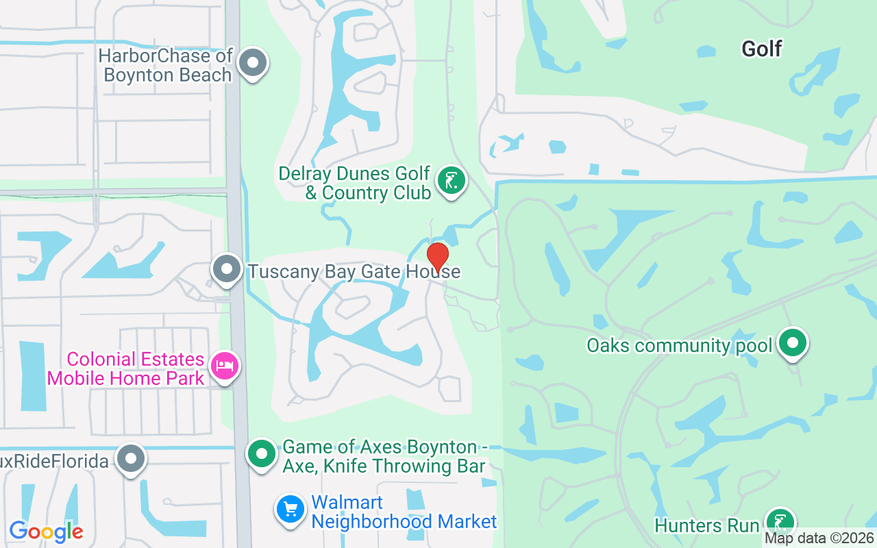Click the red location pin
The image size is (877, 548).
[x=438, y=256]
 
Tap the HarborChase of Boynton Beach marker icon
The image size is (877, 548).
[x=253, y=64]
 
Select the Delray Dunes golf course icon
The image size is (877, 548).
[x=451, y=182]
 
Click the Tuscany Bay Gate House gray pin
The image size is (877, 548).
[x=227, y=270]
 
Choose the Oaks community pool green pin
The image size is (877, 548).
[x=793, y=344]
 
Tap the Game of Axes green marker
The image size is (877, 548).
[x=261, y=454]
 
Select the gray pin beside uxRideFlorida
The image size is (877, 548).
[x=130, y=460]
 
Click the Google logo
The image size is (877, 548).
[x=46, y=532]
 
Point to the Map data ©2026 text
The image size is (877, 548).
[x=819, y=538]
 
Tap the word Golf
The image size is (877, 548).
[x=762, y=49]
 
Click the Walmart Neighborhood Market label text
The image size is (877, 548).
[x=404, y=512]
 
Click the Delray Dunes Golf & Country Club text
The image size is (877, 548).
[x=354, y=183]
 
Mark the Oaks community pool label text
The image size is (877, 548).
[x=679, y=345]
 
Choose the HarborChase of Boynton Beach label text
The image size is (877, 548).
[x=166, y=65]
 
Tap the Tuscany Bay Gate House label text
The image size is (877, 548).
[x=354, y=272]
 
